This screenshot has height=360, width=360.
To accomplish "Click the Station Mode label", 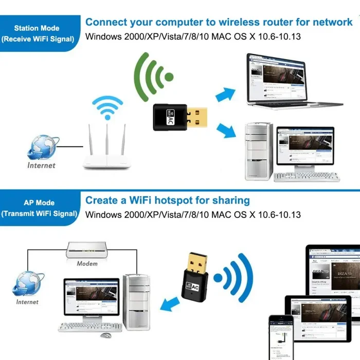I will [37, 28].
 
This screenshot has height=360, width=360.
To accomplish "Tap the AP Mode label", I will [39, 203].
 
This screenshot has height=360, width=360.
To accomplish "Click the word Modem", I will [87, 263].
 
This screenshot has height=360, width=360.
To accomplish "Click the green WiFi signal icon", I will [154, 77].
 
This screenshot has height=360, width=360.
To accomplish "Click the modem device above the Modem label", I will [87, 250].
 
